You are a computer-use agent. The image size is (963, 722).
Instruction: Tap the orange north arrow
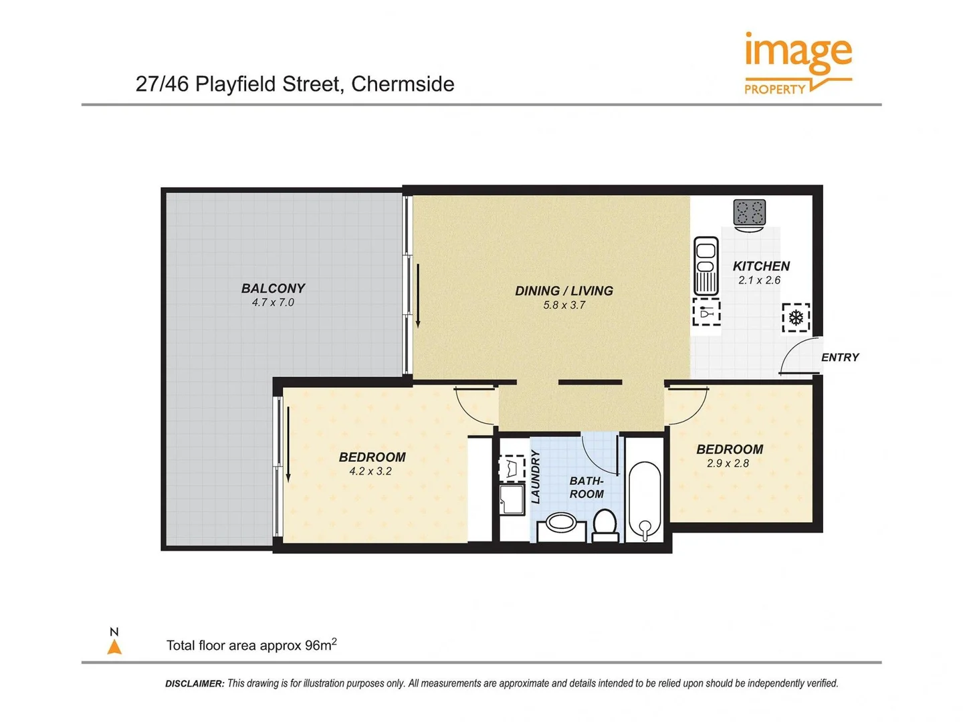click(x=114, y=646)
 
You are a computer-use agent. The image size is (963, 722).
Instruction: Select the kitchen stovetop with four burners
click(x=749, y=213)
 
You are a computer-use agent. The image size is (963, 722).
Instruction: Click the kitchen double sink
click(x=706, y=265)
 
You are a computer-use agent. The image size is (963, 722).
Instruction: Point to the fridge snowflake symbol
click(x=796, y=318)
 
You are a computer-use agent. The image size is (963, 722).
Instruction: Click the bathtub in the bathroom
click(x=645, y=491)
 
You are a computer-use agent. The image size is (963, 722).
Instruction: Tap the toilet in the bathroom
click(x=605, y=525)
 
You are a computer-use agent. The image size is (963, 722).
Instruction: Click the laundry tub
click(x=512, y=499)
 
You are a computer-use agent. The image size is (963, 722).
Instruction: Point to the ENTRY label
click(x=840, y=358)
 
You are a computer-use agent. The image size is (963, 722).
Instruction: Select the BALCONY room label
click(x=273, y=288)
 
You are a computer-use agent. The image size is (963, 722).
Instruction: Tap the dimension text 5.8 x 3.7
click(x=564, y=306)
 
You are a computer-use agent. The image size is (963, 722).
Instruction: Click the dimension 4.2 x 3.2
click(x=370, y=471)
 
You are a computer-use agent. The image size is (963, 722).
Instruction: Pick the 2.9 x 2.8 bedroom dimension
click(x=728, y=463)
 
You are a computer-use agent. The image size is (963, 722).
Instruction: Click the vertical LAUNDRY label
click(x=535, y=477)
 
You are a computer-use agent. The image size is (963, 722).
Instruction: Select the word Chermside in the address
click(x=403, y=84)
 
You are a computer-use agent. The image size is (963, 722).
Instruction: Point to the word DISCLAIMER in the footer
click(x=195, y=683)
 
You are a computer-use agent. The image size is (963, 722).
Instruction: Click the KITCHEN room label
click(x=761, y=266)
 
